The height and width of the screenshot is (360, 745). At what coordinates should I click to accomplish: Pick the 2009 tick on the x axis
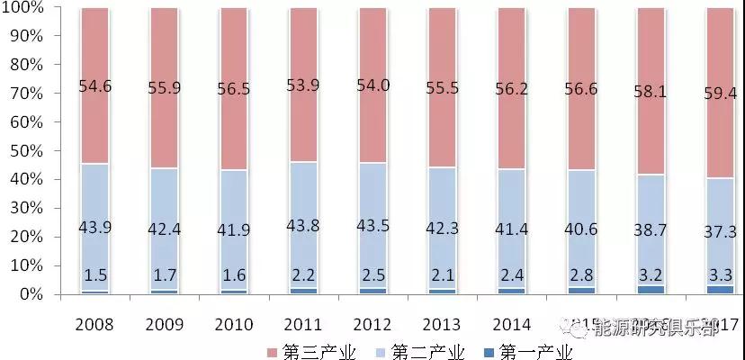(165, 324)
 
